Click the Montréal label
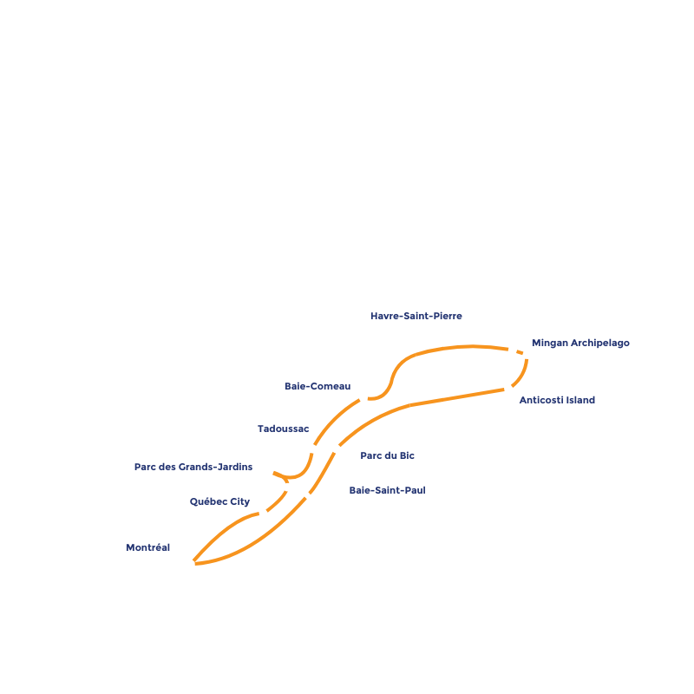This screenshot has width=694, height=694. (x=147, y=548)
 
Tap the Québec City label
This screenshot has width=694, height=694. (x=219, y=501)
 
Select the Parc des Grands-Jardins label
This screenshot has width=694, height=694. (x=193, y=467)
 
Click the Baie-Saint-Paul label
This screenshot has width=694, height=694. (x=387, y=490)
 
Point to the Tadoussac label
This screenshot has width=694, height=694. (x=283, y=429)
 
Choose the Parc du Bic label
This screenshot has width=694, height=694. (x=387, y=455)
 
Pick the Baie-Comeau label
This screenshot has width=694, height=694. (x=318, y=386)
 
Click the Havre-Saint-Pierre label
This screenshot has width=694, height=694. (x=416, y=317)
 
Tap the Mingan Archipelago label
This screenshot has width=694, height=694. (x=580, y=344)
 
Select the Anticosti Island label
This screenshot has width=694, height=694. (x=555, y=400)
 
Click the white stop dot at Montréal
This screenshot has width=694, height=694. (x=191, y=566)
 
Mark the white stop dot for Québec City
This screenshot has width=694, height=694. (x=264, y=514)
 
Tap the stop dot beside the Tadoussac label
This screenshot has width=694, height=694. (x=312, y=448)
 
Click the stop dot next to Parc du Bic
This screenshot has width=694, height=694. (x=337, y=448)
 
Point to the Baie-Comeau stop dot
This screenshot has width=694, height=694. (x=363, y=398)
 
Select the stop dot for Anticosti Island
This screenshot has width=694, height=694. (x=508, y=390)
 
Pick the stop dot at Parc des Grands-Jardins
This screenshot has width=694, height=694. (x=270, y=471)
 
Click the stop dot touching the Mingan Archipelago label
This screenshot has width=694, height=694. (x=527, y=354)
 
